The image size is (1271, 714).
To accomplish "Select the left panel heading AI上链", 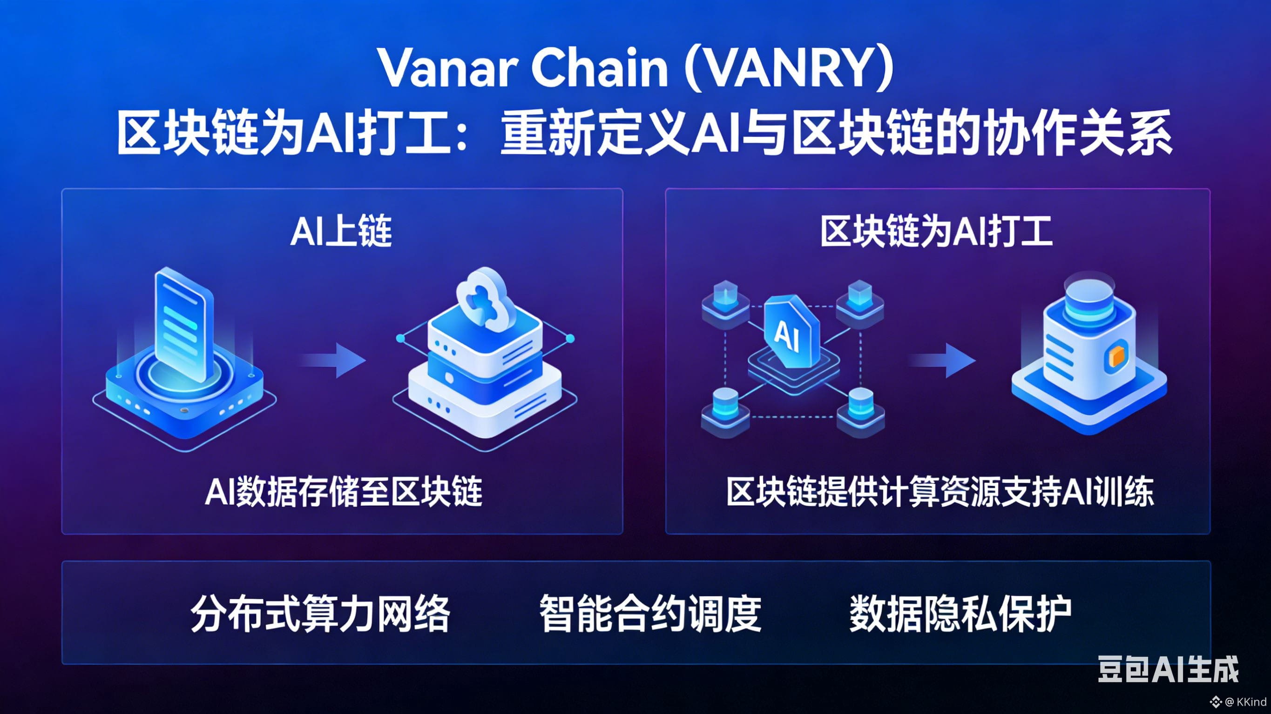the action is click(x=341, y=232).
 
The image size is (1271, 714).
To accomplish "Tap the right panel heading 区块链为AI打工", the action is click(x=936, y=232).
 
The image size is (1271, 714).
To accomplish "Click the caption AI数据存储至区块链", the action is click(x=344, y=492).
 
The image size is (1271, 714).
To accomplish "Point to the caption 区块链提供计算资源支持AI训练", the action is click(x=940, y=492).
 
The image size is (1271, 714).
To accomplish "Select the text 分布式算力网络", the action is click(x=320, y=614).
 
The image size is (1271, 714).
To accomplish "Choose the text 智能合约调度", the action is click(x=650, y=614).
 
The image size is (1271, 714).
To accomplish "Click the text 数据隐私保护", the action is click(x=960, y=614).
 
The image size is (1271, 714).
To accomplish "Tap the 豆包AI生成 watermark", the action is click(x=1168, y=669).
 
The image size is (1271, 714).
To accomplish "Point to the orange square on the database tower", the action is click(x=1116, y=356).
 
